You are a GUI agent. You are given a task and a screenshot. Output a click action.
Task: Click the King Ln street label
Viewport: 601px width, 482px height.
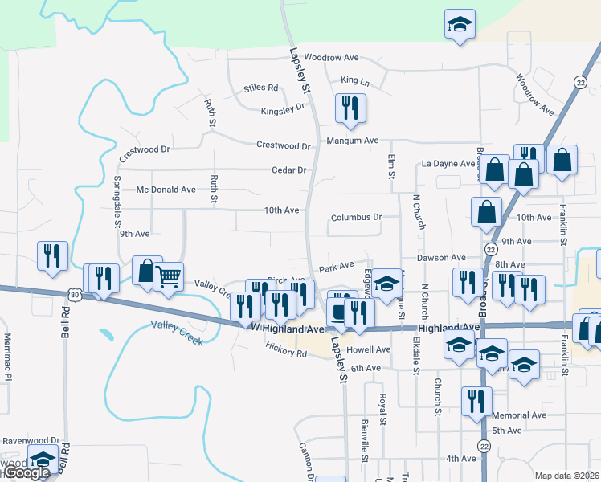(354, 80)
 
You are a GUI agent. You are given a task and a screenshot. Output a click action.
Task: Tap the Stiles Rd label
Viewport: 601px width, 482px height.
(260, 88)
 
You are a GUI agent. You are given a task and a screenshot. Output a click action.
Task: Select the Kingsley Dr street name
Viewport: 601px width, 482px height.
(283, 107)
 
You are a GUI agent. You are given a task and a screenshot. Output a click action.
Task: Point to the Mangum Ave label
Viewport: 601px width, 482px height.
(352, 141)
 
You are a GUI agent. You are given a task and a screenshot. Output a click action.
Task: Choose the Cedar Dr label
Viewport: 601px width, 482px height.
(290, 170)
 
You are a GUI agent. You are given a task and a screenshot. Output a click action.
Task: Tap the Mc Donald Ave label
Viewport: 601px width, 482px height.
(166, 190)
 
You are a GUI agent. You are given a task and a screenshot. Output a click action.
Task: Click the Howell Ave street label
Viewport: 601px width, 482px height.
(370, 350)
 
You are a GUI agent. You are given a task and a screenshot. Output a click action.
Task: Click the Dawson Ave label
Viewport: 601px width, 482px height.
(441, 258)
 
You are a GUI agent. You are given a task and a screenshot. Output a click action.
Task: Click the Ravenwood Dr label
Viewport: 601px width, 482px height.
(31, 441)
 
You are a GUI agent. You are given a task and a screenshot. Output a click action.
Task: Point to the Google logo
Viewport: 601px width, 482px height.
(26, 473)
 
